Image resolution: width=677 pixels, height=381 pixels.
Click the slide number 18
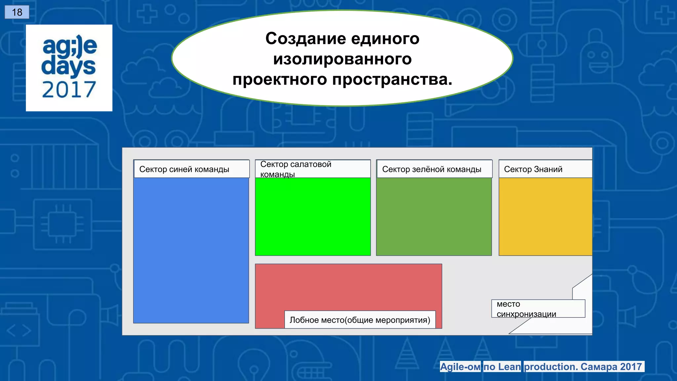[x=17, y=12]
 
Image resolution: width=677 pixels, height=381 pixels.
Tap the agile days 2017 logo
[x=69, y=67]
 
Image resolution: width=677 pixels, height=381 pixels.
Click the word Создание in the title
[x=305, y=39]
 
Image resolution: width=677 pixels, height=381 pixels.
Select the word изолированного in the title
[x=342, y=59]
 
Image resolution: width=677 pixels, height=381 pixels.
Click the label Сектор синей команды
[x=184, y=169]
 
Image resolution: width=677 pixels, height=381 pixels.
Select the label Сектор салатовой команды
[x=296, y=169]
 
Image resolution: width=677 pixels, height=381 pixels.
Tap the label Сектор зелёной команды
[x=431, y=169]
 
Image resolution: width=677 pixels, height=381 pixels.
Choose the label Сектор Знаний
[x=533, y=169]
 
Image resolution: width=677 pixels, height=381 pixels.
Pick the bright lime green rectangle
[x=313, y=217]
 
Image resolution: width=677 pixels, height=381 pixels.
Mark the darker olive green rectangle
[x=434, y=217]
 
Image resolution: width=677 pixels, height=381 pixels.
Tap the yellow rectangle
[x=545, y=217]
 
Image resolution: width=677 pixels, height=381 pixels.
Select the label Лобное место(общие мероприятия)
[x=360, y=320]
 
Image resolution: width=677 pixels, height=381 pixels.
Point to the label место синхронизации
[x=526, y=309]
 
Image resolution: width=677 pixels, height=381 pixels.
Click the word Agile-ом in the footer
[x=460, y=367]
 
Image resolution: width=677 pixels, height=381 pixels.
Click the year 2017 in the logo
[x=69, y=90]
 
